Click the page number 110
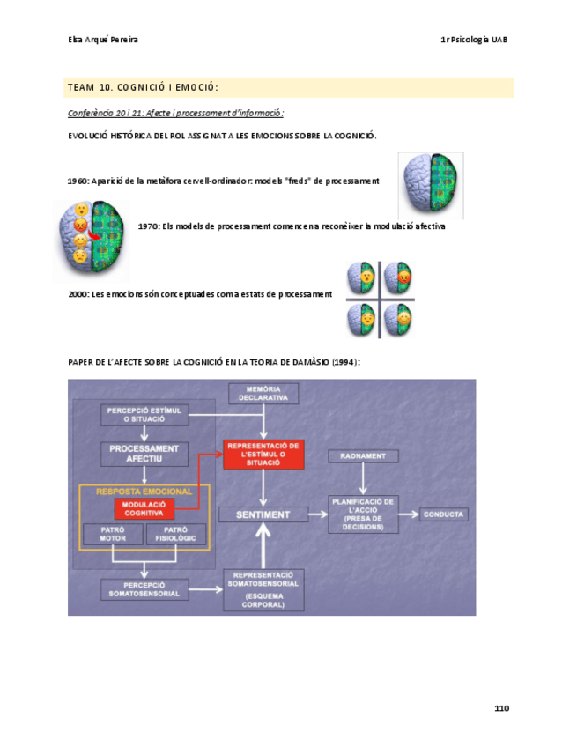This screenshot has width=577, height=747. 501,708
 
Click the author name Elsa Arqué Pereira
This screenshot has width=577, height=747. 102,40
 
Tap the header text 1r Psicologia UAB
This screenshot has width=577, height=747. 474,40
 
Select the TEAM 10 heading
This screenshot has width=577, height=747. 143,87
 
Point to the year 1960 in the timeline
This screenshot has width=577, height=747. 78,181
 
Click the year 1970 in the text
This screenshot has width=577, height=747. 148,226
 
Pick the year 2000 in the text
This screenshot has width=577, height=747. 78,294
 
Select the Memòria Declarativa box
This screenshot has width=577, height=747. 263,393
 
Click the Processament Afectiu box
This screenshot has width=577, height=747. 144,454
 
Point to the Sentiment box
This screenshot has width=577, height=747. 263,514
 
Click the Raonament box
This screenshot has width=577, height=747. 363,456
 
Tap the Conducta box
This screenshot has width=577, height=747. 444,514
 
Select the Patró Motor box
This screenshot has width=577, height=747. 107,535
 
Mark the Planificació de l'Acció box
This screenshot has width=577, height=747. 363,514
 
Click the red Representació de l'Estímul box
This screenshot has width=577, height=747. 263,454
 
